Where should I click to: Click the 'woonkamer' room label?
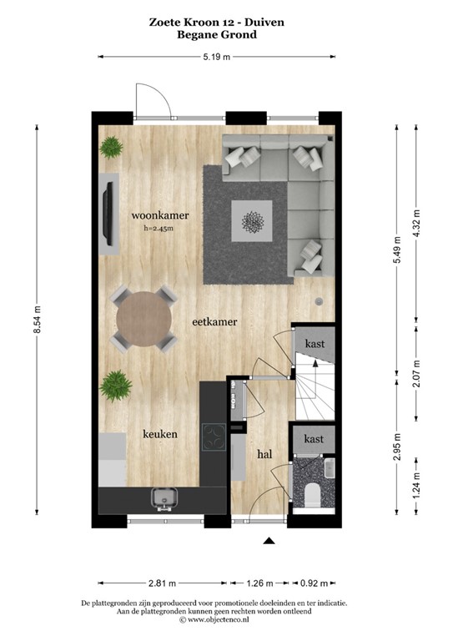(x=159, y=215)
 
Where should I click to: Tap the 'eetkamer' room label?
(x=215, y=320)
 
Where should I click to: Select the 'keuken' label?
(x=159, y=435)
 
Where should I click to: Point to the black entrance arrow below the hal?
(x=269, y=542)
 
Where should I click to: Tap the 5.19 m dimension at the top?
(x=216, y=56)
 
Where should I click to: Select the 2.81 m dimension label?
(x=162, y=583)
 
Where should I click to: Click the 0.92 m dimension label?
(x=315, y=583)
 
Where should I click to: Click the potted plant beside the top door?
(x=111, y=149)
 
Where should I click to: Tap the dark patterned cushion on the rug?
(x=251, y=221)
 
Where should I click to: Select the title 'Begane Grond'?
(x=217, y=35)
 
